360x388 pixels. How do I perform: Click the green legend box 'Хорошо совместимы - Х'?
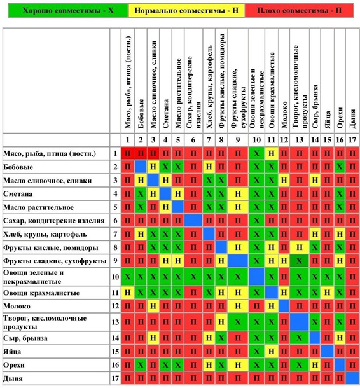pos(68,10)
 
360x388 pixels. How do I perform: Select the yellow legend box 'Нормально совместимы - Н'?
pos(186,10)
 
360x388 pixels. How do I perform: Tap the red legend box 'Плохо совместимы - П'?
pos(300,10)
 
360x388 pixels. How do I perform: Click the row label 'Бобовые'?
pos(18,167)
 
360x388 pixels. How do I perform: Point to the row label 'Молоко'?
pos(17,307)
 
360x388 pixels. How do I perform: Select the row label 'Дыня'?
pos(13,378)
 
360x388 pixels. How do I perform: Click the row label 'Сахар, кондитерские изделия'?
pos(54,221)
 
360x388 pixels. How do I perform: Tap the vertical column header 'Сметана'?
pos(165,114)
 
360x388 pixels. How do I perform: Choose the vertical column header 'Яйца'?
pos(328,120)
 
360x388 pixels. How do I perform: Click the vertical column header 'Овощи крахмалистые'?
pos(272,90)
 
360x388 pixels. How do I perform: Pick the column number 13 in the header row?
pos(300,140)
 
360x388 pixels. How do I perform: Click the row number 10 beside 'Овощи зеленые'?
pos(115,277)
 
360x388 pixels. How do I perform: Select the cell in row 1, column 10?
pos(256,153)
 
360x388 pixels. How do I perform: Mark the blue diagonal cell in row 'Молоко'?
pos(284,306)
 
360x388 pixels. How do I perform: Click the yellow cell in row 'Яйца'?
pos(272,351)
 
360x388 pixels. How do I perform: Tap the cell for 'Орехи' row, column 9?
pos(238,364)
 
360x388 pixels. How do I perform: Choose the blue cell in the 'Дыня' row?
pos(352,378)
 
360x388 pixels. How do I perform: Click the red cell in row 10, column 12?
pos(284,277)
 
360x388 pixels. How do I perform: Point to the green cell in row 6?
pos(256,221)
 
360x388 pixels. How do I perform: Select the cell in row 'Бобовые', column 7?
pos(209,167)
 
